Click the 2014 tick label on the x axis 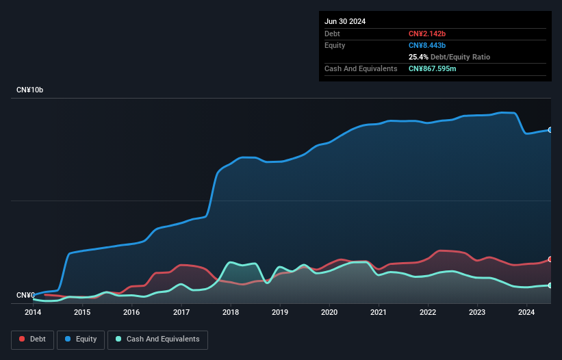pyautogui.click(x=33, y=313)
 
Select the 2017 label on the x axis pyautogui.click(x=181, y=313)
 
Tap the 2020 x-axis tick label pyautogui.click(x=329, y=313)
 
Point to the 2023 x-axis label pyautogui.click(x=477, y=313)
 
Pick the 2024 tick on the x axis pyautogui.click(x=526, y=313)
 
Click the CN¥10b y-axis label pyautogui.click(x=30, y=90)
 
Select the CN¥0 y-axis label pyautogui.click(x=25, y=296)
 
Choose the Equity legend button pyautogui.click(x=81, y=339)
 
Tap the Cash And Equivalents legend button pyautogui.click(x=157, y=339)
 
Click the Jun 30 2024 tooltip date pyautogui.click(x=345, y=21)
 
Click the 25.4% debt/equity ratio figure pyautogui.click(x=418, y=57)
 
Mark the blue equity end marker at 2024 pyautogui.click(x=550, y=129)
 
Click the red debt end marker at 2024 pyautogui.click(x=550, y=259)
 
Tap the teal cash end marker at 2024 pyautogui.click(x=550, y=285)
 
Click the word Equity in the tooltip pyautogui.click(x=335, y=45)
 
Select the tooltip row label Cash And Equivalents pyautogui.click(x=361, y=68)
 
